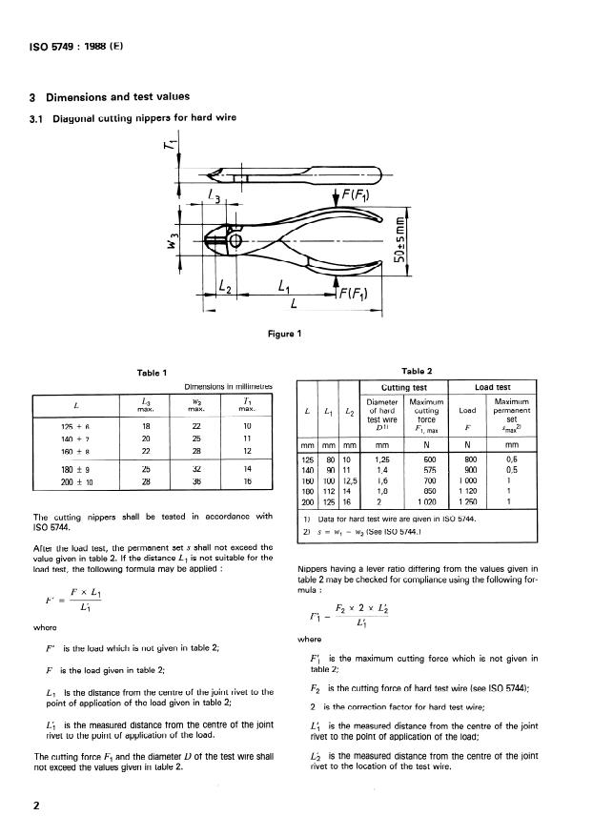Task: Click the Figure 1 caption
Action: click(x=285, y=333)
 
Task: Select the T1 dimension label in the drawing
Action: click(x=169, y=150)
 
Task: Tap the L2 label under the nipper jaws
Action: click(x=226, y=285)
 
